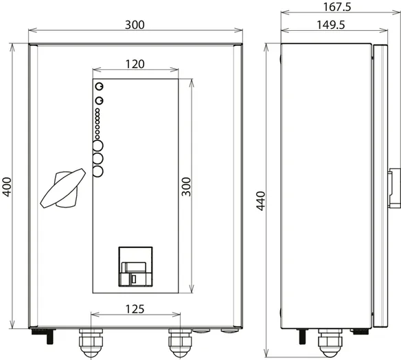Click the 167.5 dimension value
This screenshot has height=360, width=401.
click(337, 7)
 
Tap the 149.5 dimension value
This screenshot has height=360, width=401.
click(331, 25)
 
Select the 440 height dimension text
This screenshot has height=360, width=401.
click(261, 201)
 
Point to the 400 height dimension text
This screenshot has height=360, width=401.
click(7, 187)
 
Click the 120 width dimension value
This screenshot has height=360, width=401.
click(135, 64)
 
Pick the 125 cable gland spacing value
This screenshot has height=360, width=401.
click(135, 309)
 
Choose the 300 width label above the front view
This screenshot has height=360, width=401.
click(135, 25)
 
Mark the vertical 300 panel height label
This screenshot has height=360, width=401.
click(186, 187)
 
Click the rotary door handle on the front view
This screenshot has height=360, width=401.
click(63, 188)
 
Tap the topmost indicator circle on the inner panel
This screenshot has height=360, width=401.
click(100, 87)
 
